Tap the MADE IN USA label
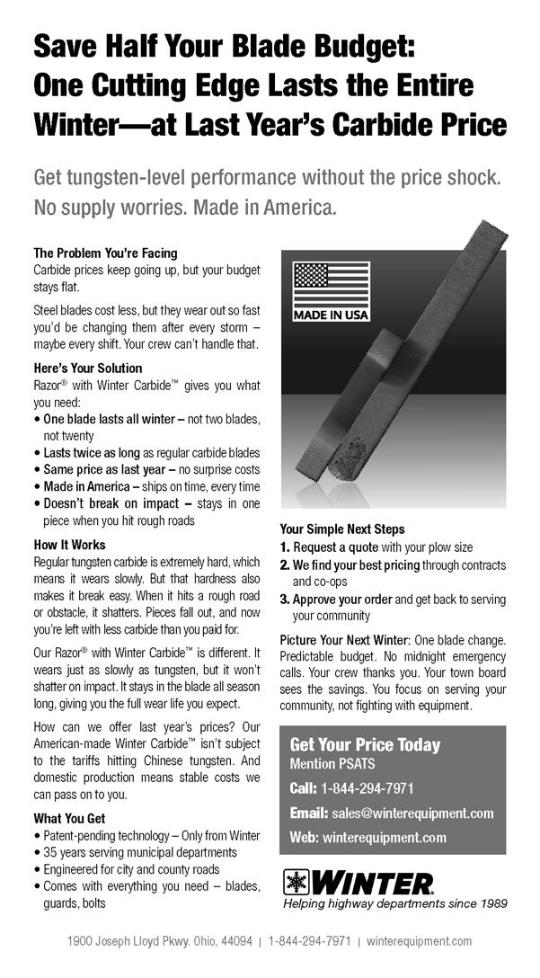[332, 316]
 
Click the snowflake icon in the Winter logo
[296, 882]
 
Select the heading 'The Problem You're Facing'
[105, 253]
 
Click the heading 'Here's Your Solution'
[87, 369]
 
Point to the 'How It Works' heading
[69, 545]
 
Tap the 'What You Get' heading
[69, 819]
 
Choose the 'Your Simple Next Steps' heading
[342, 529]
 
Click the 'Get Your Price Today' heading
[365, 745]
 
